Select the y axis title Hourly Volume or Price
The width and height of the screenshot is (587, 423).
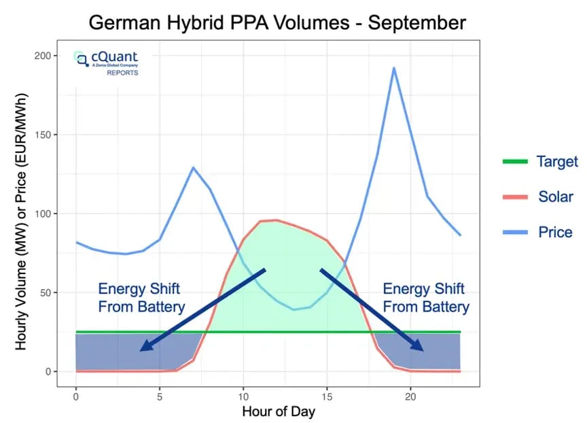click(x=20, y=214)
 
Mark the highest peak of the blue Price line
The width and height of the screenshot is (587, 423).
click(x=393, y=67)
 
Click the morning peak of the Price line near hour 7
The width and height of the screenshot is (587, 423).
click(x=193, y=167)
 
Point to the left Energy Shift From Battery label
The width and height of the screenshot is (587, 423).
click(x=141, y=297)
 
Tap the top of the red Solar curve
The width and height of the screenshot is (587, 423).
click(x=276, y=220)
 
